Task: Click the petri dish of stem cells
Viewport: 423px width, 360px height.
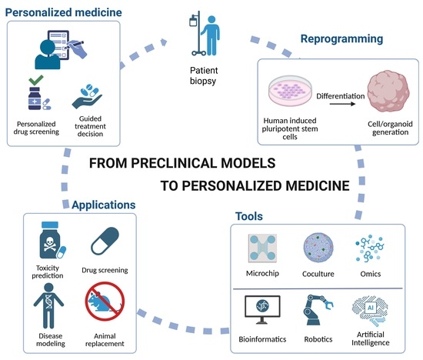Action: click(290, 91)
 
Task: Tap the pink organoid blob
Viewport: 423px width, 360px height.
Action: click(388, 91)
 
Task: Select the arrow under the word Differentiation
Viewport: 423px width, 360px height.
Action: click(342, 104)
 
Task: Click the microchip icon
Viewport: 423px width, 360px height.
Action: click(262, 248)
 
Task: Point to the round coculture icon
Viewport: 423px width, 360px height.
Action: click(318, 248)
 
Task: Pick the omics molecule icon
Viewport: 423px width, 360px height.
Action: click(370, 248)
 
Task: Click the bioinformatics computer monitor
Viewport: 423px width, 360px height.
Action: click(262, 309)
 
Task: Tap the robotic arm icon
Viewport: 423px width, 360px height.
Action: click(318, 310)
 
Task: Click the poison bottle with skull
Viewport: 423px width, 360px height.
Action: click(51, 241)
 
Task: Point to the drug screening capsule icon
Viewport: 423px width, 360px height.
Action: click(105, 241)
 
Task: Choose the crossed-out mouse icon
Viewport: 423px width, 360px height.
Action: click(105, 302)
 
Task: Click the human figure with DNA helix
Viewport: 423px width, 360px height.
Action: click(48, 305)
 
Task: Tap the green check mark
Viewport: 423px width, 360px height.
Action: click(36, 80)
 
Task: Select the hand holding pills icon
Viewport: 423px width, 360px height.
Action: click(87, 97)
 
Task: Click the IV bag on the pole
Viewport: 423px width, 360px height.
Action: click(193, 22)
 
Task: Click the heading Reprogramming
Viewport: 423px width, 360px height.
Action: click(341, 39)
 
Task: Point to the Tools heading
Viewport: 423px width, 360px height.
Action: click(249, 216)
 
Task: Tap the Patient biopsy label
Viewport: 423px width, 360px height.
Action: click(204, 75)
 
